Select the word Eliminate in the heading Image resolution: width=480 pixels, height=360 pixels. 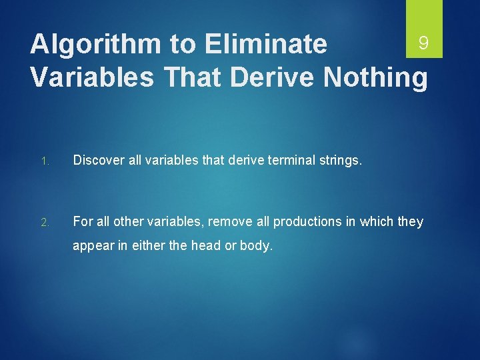click(266, 45)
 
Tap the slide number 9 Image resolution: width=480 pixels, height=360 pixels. click(423, 44)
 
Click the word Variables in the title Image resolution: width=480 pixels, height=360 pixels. click(93, 77)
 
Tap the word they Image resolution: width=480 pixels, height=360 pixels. click(410, 221)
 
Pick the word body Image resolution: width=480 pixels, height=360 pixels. click(257, 246)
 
